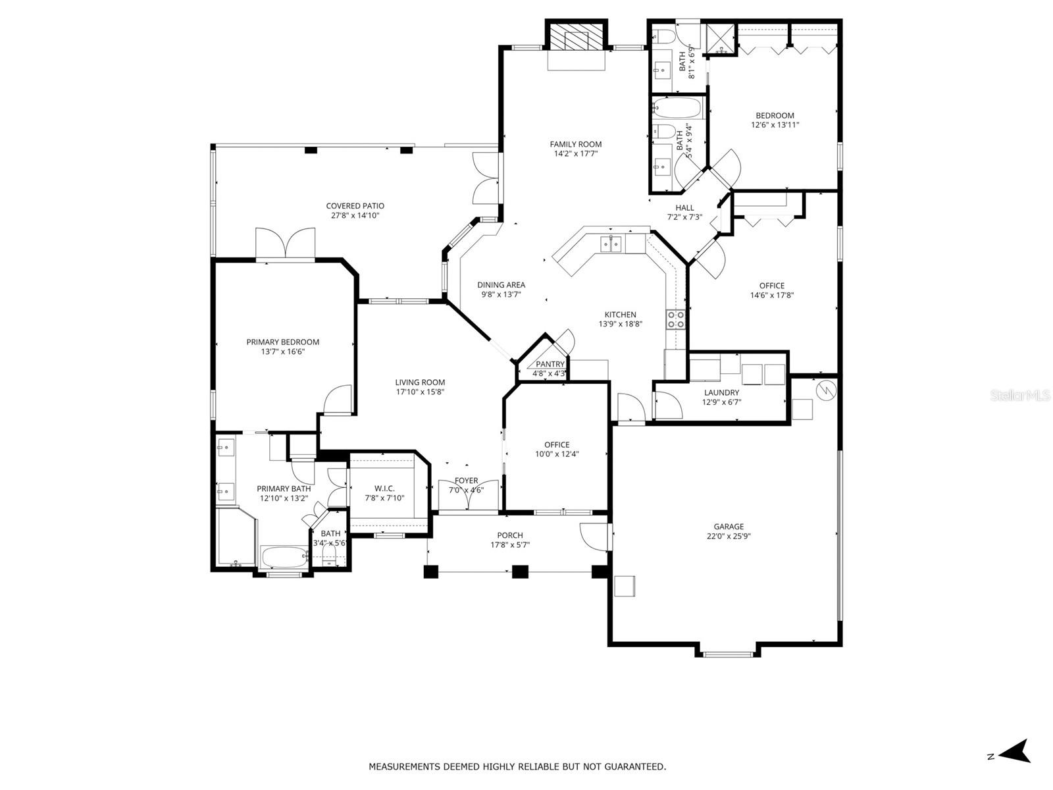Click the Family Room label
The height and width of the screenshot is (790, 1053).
576,144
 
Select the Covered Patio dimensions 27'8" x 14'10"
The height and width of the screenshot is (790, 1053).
355,215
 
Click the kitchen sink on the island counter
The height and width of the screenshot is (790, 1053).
611,244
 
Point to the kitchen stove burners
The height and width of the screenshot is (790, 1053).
676,319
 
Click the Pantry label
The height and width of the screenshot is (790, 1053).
550,364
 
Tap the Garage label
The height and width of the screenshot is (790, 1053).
729,526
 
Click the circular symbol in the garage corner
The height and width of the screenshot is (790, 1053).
825,390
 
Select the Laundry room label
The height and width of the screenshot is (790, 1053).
721,392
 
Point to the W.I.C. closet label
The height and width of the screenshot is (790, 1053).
384,488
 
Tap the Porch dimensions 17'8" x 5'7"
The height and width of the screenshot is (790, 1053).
510,544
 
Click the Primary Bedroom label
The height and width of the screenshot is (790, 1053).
282,342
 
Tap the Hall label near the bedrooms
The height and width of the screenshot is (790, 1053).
684,207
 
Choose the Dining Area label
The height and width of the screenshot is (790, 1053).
501,285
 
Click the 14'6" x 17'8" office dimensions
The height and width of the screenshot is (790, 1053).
772,295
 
